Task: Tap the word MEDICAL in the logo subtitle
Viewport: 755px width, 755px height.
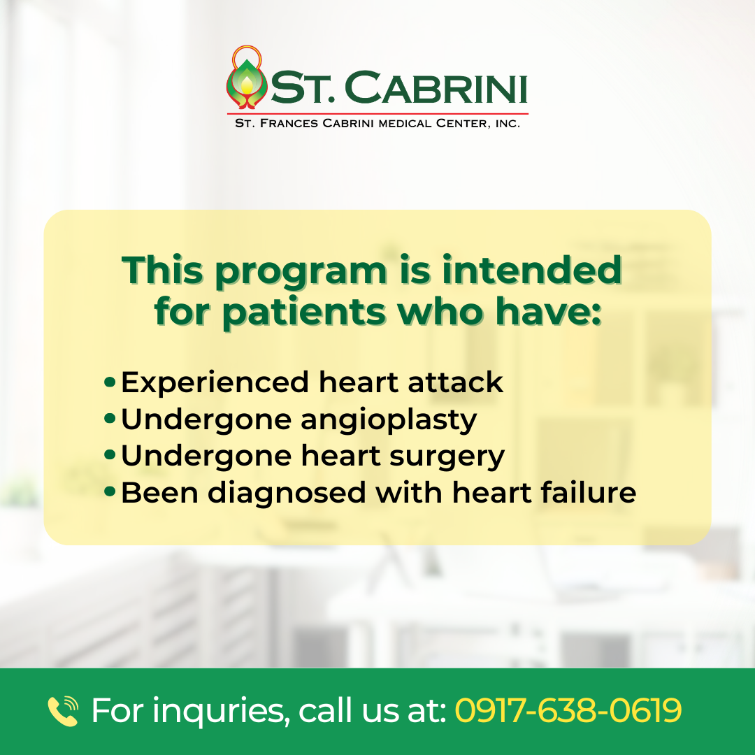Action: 405,124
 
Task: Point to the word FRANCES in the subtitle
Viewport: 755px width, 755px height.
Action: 289,124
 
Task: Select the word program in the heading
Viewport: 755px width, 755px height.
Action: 301,273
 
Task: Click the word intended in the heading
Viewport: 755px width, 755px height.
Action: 532,270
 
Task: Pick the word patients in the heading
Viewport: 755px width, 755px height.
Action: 304,313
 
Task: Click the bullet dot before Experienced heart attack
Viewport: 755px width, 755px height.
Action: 110,382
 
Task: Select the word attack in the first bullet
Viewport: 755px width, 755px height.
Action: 455,382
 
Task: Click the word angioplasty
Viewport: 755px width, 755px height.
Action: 389,420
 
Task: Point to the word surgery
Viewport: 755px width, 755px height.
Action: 447,457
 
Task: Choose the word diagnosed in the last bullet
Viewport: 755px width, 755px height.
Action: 287,494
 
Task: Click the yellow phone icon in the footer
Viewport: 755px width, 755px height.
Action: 63,711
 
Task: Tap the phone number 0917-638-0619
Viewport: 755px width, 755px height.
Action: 568,710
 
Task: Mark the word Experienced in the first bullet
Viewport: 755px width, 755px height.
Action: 215,383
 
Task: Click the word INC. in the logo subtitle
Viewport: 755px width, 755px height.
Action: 508,124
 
